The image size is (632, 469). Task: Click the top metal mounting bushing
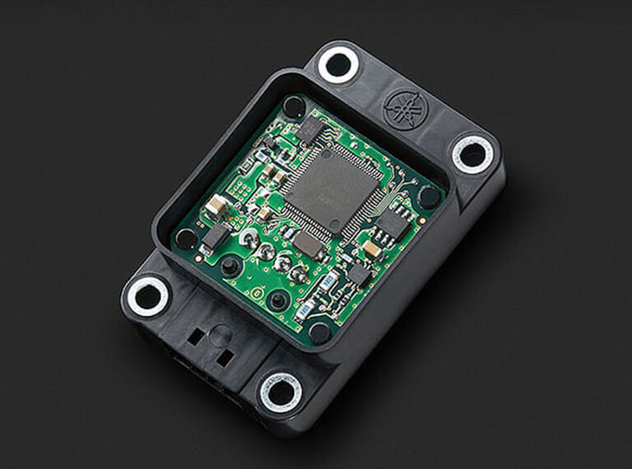pyautogui.click(x=339, y=64)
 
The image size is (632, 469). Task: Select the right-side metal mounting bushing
pyautogui.click(x=472, y=153)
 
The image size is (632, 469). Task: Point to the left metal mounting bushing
pyautogui.click(x=149, y=295)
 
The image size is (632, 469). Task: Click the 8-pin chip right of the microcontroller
pyautogui.click(x=393, y=223)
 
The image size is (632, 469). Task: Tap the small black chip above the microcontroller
pyautogui.click(x=310, y=127)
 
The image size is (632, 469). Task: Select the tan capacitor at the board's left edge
pyautogui.click(x=216, y=206)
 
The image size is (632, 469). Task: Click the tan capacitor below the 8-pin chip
pyautogui.click(x=372, y=248)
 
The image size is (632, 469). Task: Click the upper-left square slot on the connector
pyautogui.click(x=196, y=336)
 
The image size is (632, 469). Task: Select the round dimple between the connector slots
pyautogui.click(x=219, y=335)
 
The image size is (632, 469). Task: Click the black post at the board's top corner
pyautogui.click(x=294, y=105)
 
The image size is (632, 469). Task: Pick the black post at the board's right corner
pyautogui.click(x=429, y=197)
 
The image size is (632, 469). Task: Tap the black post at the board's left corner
pyautogui.click(x=187, y=239)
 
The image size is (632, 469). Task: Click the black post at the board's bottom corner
pyautogui.click(x=320, y=332)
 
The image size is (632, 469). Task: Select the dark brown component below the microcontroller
pyautogui.click(x=309, y=244)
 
